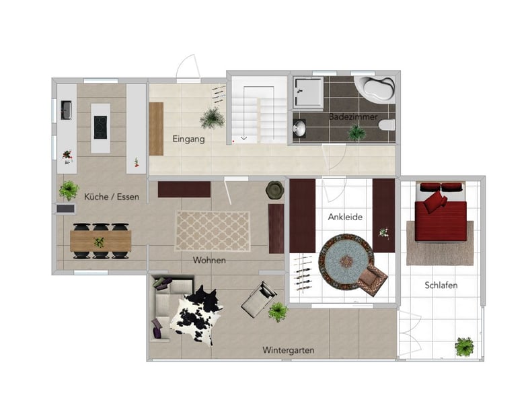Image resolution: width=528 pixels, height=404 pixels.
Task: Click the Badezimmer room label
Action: [353, 116]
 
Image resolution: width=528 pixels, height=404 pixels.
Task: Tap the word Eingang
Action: [188, 139]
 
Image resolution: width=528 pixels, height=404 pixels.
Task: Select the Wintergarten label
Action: [289, 350]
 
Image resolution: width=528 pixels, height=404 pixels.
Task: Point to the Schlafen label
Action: [441, 285]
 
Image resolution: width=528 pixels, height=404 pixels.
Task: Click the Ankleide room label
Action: [345, 217]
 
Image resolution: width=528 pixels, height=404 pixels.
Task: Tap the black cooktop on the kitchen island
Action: [100, 127]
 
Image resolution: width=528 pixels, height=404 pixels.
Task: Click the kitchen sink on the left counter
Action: [66, 110]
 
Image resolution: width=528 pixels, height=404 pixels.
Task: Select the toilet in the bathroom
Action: [387, 125]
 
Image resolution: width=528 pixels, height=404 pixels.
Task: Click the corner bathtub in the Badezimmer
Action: [375, 89]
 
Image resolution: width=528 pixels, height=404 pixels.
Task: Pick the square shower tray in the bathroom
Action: [308, 92]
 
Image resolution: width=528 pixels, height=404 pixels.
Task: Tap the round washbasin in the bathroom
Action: [299, 128]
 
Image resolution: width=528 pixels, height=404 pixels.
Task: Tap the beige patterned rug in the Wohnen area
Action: [213, 231]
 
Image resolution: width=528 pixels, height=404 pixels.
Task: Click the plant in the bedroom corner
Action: [464, 347]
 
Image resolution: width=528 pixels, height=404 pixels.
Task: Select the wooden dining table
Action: [100, 241]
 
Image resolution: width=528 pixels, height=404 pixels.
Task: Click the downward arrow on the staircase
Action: [243, 138]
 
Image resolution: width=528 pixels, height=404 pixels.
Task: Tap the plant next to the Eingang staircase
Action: [212, 118]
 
